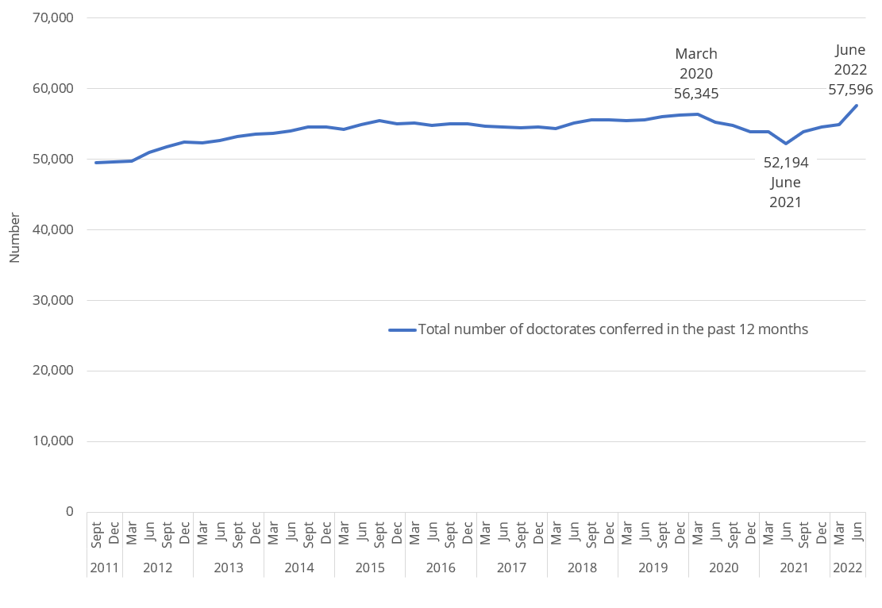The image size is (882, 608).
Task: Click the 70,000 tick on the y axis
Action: [x=51, y=17]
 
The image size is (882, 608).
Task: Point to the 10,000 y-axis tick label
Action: [x=51, y=441]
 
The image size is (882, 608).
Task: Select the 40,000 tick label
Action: [x=51, y=229]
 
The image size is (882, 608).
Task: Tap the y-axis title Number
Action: [x=14, y=236]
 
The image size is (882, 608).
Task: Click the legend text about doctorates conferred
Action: [x=613, y=329]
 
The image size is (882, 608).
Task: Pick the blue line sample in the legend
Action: [x=402, y=329]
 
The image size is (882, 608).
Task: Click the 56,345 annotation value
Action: [x=696, y=94]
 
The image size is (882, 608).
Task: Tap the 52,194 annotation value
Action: [x=786, y=163]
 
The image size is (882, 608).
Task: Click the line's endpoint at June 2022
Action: [x=857, y=106]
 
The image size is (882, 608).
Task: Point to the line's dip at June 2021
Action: [x=786, y=144]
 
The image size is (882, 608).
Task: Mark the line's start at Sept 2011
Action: [x=96, y=163]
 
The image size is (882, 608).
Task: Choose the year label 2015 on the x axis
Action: [x=370, y=568]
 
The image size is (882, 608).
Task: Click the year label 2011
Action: [x=105, y=568]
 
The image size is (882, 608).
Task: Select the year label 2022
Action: [x=848, y=568]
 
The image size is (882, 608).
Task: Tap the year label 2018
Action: [x=583, y=568]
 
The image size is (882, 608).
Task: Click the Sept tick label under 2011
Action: [x=96, y=533]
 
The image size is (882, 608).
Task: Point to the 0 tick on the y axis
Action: [x=70, y=512]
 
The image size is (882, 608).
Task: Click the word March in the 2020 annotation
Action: [x=696, y=54]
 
